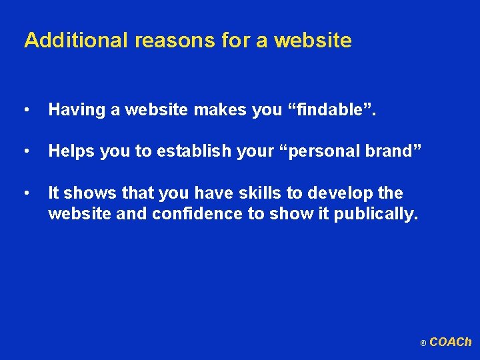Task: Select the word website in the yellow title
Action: pyautogui.click(x=313, y=41)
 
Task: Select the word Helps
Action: pyautogui.click(x=71, y=151)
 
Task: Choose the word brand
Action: pyautogui.click(x=393, y=151)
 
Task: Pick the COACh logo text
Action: pyautogui.click(x=450, y=342)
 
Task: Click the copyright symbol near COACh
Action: pyautogui.click(x=423, y=344)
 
